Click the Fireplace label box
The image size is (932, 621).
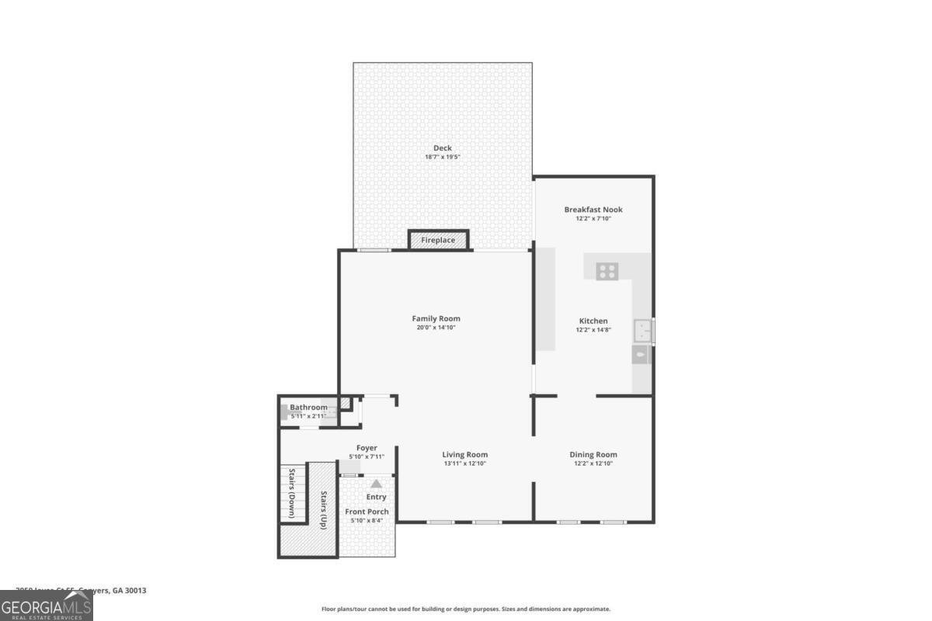[439, 241]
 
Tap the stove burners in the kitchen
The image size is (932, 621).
[607, 271]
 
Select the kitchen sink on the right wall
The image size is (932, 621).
[642, 331]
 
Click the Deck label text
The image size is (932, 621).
[443, 148]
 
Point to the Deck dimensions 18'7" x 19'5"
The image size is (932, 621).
[443, 158]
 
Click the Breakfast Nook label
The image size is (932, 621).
[593, 210]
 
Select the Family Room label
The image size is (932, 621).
[436, 318]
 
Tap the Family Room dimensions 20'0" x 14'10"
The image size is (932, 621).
[436, 328]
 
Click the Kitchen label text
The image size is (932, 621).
[593, 321]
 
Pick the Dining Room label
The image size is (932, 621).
[593, 455]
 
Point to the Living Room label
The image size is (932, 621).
[464, 455]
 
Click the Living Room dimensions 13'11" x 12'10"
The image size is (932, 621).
[464, 464]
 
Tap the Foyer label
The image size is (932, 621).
[367, 448]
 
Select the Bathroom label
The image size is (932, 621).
[308, 408]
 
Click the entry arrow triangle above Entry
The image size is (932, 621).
[376, 484]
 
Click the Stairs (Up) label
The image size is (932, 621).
[322, 510]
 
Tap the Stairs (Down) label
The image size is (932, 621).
[292, 493]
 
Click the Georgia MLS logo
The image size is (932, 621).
[47, 605]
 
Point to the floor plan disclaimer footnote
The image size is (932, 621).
[466, 609]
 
